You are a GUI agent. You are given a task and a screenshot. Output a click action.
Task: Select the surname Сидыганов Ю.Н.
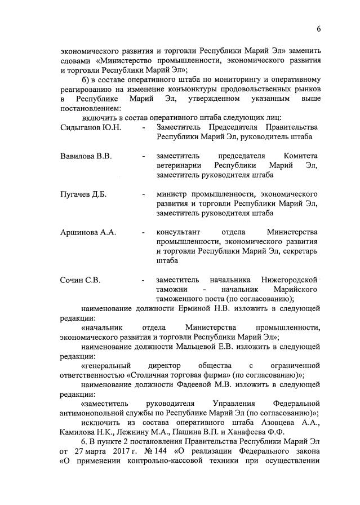pyautogui.click(x=90, y=128)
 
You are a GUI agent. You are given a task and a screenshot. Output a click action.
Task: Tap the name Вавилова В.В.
pyautogui.click(x=86, y=156)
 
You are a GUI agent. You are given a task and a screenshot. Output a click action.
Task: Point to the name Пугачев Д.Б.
pyautogui.click(x=83, y=194)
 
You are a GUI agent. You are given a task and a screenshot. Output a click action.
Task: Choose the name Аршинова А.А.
pyautogui.click(x=88, y=233)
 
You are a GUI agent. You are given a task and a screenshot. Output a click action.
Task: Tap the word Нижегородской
pyautogui.click(x=290, y=280)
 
